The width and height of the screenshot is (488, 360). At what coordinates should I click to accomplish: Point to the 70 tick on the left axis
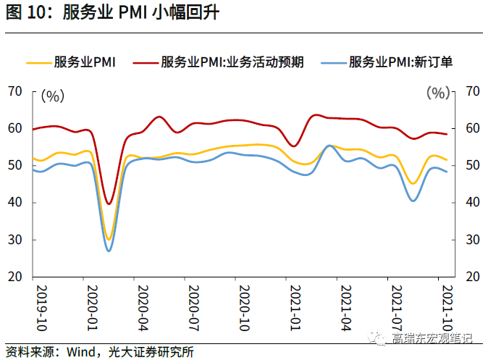click(x=15, y=91)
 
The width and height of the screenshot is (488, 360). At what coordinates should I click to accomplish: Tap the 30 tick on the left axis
click(x=15, y=240)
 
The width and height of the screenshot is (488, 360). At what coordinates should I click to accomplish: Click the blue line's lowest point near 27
click(x=109, y=251)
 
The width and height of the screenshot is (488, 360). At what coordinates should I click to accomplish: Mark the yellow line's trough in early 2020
click(x=109, y=239)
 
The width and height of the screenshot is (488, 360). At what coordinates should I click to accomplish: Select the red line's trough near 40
click(x=109, y=204)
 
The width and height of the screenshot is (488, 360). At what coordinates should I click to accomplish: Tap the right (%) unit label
click(x=437, y=93)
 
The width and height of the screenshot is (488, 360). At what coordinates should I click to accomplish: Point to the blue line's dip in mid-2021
click(x=413, y=201)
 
